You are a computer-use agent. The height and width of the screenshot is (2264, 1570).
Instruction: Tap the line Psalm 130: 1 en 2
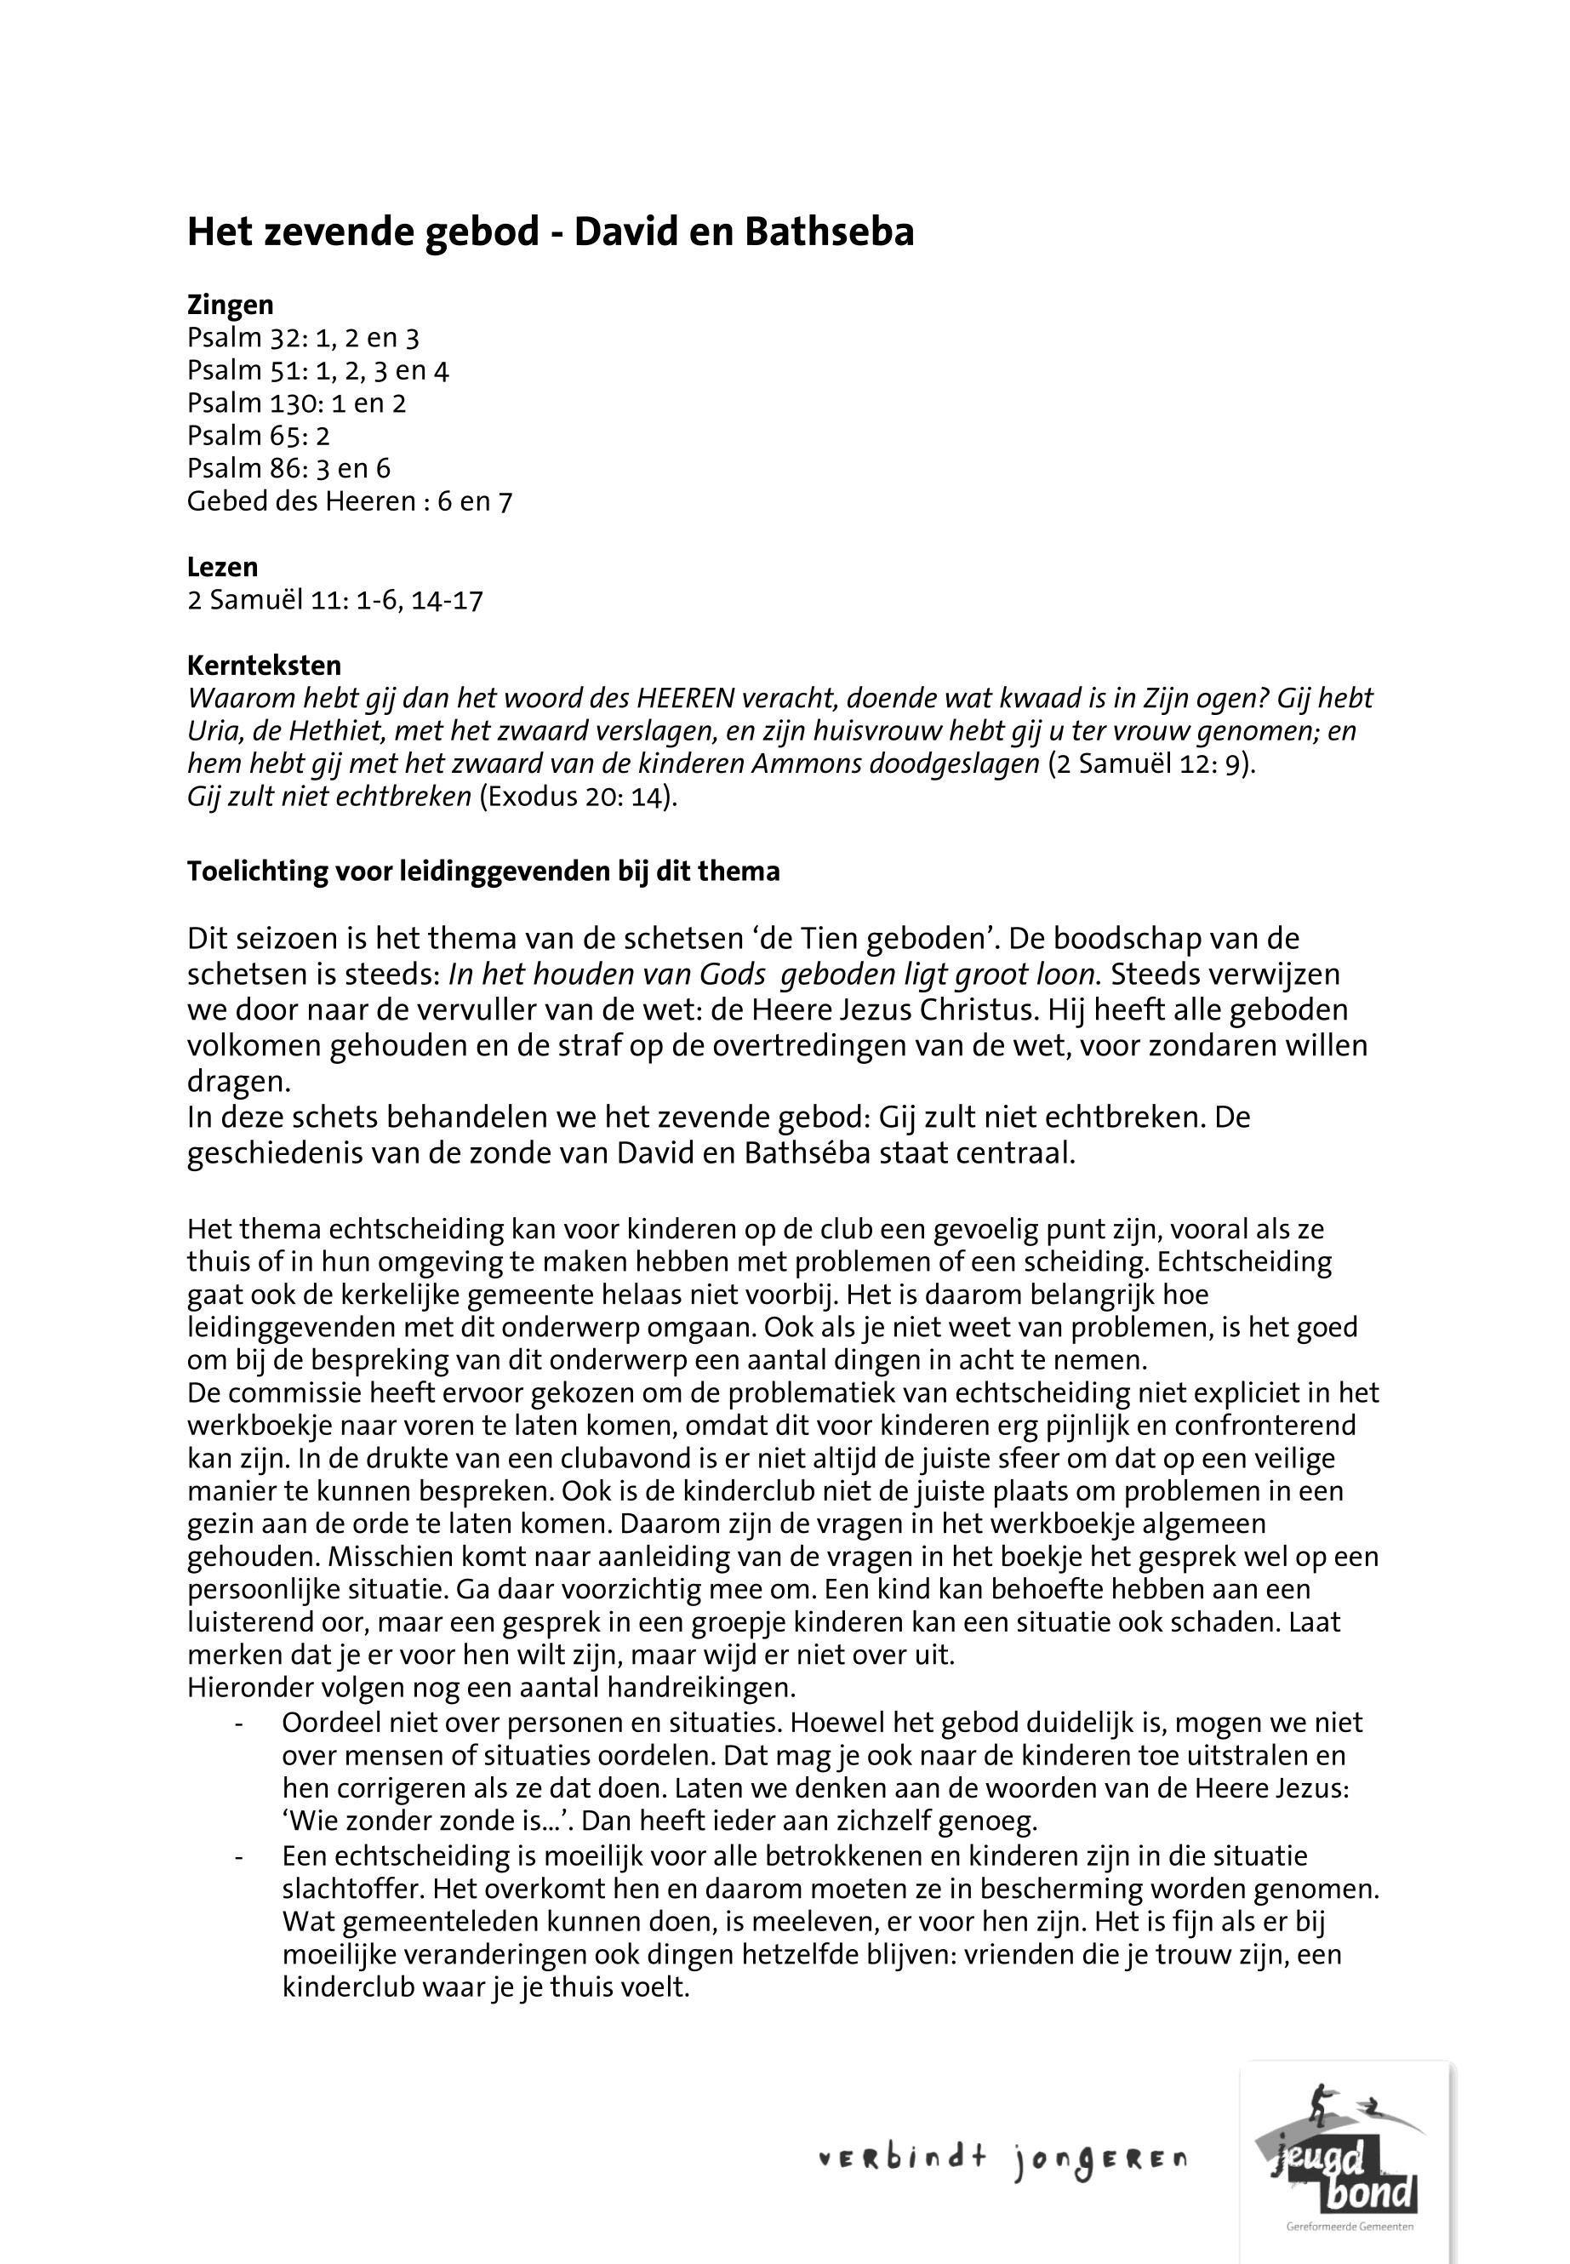tap(296, 403)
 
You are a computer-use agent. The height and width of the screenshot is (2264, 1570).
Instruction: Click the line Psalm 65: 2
tap(259, 436)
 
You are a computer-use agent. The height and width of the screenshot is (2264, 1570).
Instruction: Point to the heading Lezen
tap(222, 568)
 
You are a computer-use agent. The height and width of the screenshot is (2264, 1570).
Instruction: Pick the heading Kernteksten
tap(264, 666)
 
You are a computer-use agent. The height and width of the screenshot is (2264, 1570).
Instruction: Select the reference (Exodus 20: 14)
tap(579, 797)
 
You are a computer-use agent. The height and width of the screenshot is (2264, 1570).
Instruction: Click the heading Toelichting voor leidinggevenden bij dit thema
tap(483, 872)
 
